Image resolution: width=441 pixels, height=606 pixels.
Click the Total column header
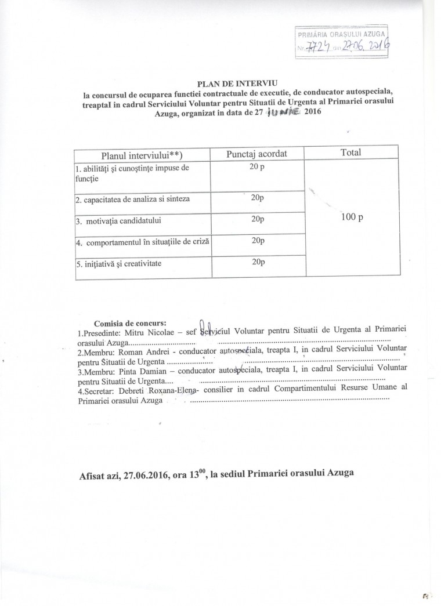click(352, 153)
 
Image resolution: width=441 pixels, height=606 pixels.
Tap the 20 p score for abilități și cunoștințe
click(256, 168)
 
